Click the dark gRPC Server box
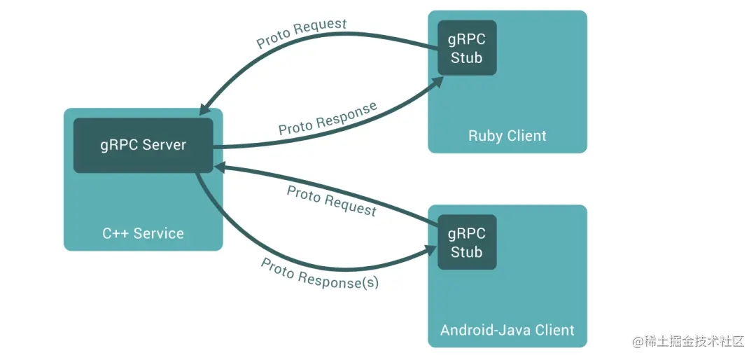[x=143, y=145]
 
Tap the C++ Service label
[x=143, y=233]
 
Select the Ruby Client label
[x=507, y=135]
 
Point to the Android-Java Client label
[x=507, y=330]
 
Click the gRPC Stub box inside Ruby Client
[x=467, y=48]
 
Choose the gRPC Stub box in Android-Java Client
[x=467, y=242]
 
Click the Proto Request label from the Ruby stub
[x=302, y=34]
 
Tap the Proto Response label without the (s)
[x=328, y=118]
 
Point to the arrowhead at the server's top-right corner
[x=204, y=111]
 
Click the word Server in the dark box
[x=164, y=145]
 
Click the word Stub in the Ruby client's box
[x=467, y=58]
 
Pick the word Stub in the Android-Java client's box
[x=467, y=252]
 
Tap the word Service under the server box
[x=159, y=233]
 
